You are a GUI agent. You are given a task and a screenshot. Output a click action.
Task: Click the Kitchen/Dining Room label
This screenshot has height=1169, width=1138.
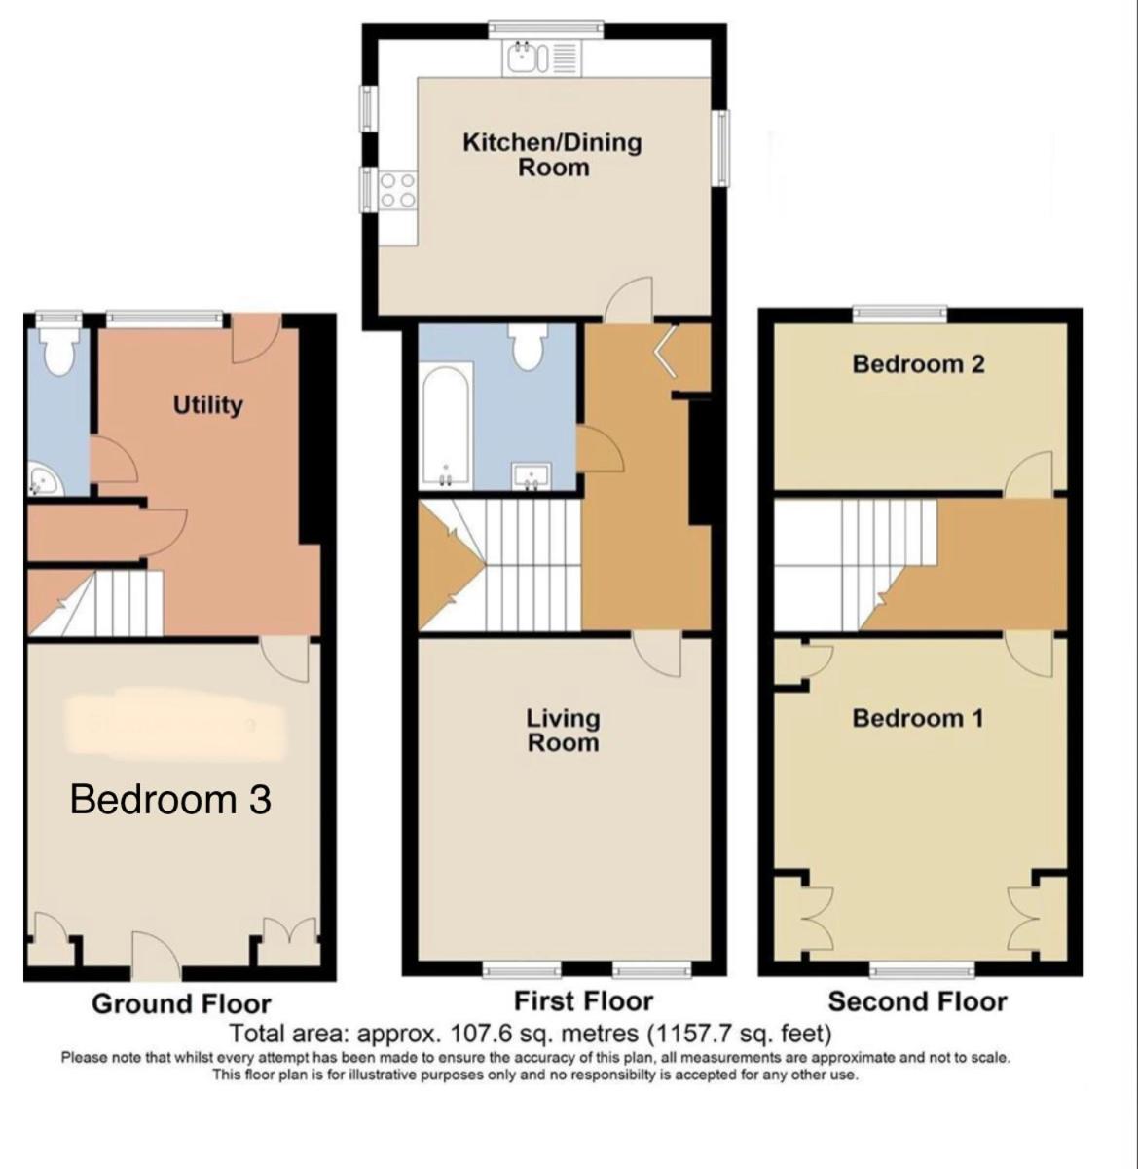click(x=552, y=154)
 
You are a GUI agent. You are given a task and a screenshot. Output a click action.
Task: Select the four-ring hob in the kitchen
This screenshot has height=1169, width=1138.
click(x=398, y=190)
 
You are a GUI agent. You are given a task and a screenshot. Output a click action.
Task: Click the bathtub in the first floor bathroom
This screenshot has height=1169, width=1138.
click(x=445, y=423)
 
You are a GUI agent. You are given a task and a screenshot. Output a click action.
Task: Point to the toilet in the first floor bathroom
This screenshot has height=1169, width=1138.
click(x=529, y=347)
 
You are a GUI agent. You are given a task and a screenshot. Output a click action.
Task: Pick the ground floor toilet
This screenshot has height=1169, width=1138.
click(x=58, y=351)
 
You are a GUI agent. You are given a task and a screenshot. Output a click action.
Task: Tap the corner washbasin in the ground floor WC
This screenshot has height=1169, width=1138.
click(x=45, y=479)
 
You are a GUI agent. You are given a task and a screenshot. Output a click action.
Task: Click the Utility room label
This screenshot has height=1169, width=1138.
click(x=207, y=405)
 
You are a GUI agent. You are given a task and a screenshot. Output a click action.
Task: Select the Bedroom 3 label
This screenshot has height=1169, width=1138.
click(x=170, y=800)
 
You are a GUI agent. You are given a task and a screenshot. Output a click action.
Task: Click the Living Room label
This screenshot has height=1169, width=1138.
click(x=563, y=731)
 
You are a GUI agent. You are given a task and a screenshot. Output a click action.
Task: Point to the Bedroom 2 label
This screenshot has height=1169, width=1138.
click(x=918, y=364)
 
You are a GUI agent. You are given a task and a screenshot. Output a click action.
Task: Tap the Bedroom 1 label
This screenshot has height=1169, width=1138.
click(x=918, y=718)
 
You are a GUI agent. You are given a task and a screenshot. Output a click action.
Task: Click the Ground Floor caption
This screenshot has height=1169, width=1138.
click(x=181, y=1003)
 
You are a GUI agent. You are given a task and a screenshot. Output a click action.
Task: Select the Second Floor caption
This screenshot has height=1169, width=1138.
click(x=917, y=1001)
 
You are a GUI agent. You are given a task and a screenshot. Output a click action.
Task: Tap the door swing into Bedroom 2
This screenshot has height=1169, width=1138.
click(x=1029, y=474)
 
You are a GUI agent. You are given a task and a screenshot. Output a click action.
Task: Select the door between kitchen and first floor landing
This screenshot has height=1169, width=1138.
click(x=629, y=299)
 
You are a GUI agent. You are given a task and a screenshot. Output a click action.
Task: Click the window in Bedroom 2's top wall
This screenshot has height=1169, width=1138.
click(x=900, y=313)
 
